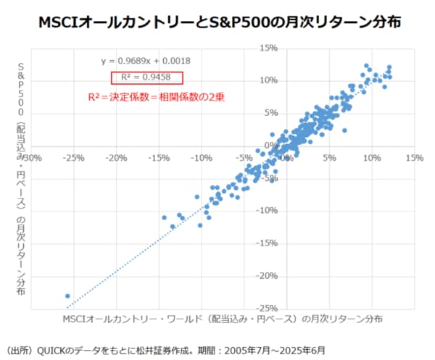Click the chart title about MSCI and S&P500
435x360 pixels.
[217, 22]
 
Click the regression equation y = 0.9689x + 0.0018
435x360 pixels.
[146, 62]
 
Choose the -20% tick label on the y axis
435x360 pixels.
[268, 275]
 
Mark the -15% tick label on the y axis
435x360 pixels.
[268, 243]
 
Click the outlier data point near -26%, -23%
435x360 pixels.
[67, 296]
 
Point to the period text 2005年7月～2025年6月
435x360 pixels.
[275, 348]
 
